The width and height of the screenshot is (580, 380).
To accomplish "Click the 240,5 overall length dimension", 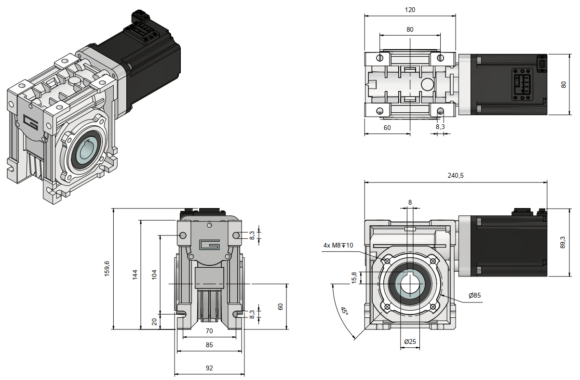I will (455, 176).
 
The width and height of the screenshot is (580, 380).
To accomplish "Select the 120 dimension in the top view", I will (410, 10).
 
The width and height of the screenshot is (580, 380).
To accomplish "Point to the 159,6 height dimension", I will (107, 269).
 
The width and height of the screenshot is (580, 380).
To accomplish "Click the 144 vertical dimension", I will (135, 274).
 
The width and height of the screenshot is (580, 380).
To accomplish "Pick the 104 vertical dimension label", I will (154, 274).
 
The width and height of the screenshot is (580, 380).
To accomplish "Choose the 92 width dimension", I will (209, 368).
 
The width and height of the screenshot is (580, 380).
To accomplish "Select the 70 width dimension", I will (209, 331).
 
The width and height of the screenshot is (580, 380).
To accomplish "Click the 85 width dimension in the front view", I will (209, 345).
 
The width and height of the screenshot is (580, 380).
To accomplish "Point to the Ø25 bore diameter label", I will (409, 341).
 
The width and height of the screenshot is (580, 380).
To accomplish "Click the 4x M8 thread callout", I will (338, 246).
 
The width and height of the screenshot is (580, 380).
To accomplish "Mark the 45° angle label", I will (344, 311).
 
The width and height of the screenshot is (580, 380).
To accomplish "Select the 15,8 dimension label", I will (354, 278).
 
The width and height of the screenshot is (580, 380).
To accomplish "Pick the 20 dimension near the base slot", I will (154, 322).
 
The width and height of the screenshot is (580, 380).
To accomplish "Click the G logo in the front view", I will (209, 245).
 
